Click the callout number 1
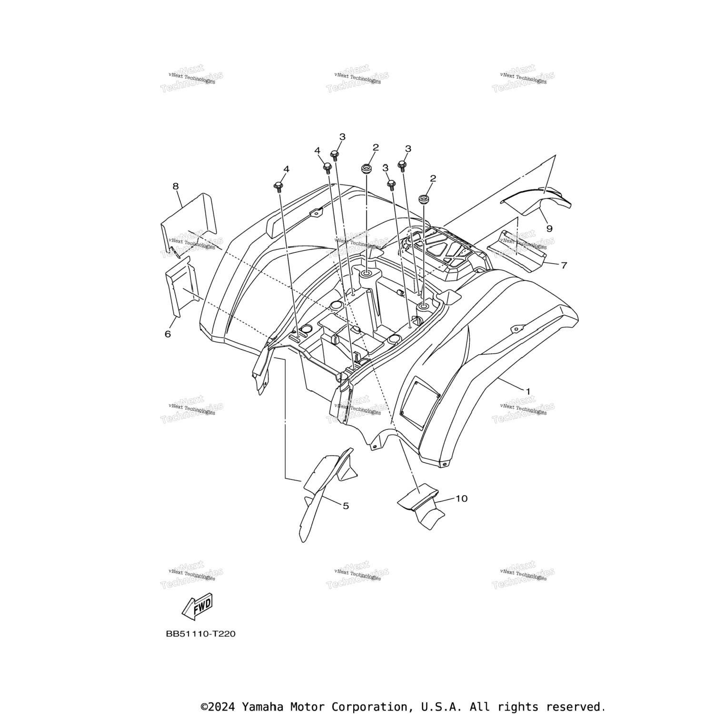527,391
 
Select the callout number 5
346,506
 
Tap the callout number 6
168,334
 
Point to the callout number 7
564,265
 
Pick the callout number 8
176,186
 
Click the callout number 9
549,228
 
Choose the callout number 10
461,498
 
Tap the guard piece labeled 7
516,250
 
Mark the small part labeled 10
421,507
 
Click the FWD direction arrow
198,606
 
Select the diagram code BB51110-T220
200,634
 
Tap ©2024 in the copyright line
218,706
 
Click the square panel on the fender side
420,399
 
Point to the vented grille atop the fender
440,248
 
